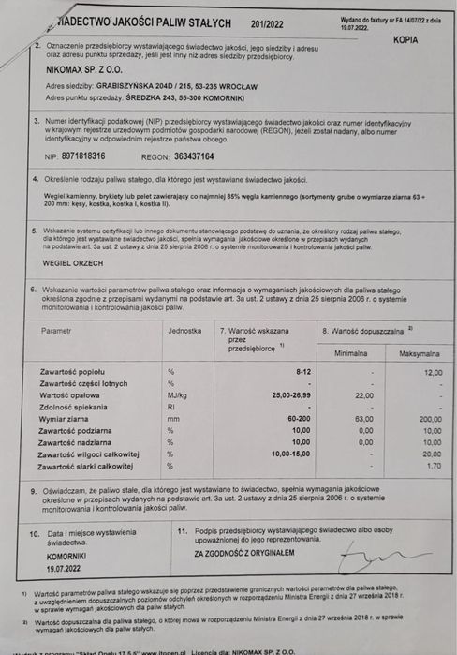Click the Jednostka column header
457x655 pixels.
coord(184,331)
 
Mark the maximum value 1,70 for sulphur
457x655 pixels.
coord(433,466)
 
